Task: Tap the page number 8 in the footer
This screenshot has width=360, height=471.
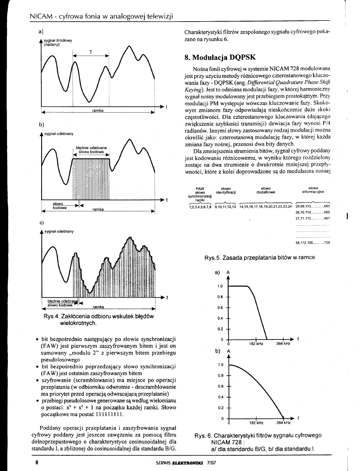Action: coord(36,462)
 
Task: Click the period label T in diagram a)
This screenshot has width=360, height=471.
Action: coord(91,51)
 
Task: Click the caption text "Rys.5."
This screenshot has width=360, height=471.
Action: coord(213,258)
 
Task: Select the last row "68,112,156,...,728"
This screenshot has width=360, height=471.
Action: coord(313,243)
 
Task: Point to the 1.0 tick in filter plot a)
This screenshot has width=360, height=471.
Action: coord(220,286)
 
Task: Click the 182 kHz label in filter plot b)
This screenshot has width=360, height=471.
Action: coord(256,423)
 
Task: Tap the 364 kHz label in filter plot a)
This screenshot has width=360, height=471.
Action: coord(283,344)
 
